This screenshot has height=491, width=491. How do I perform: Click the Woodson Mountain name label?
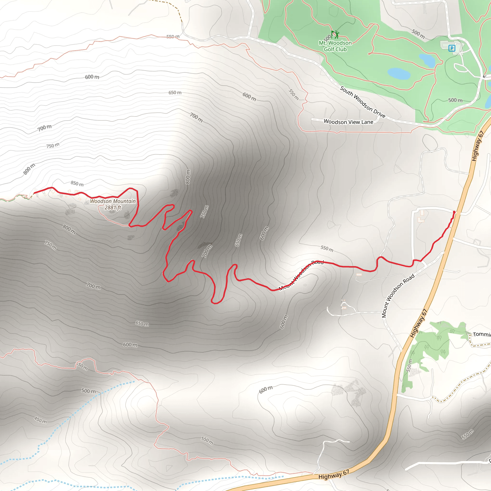(x=113, y=201)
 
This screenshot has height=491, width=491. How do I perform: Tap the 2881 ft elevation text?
(x=113, y=208)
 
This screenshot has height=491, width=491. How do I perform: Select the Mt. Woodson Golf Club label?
(x=335, y=46)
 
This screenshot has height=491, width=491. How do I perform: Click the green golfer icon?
(x=335, y=34)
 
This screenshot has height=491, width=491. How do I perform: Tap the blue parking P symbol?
(x=452, y=48)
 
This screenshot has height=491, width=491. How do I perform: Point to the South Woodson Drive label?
(x=363, y=102)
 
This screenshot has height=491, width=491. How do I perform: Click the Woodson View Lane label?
(x=348, y=122)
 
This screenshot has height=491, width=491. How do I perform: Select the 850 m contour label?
(x=77, y=183)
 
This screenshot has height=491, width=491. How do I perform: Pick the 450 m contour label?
(x=41, y=420)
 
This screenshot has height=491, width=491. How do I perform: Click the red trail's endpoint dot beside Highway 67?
(x=454, y=212)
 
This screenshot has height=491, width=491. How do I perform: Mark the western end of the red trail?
(x=34, y=193)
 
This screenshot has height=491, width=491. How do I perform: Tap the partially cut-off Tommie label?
(x=482, y=334)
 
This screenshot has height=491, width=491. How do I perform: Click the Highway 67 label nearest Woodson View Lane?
(x=477, y=146)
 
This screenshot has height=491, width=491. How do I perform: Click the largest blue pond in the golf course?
(x=399, y=73)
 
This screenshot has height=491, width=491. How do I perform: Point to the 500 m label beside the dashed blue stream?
(x=88, y=391)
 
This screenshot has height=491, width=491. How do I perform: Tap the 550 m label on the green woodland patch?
(x=409, y=365)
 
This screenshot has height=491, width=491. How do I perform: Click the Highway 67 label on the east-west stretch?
(x=334, y=474)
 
